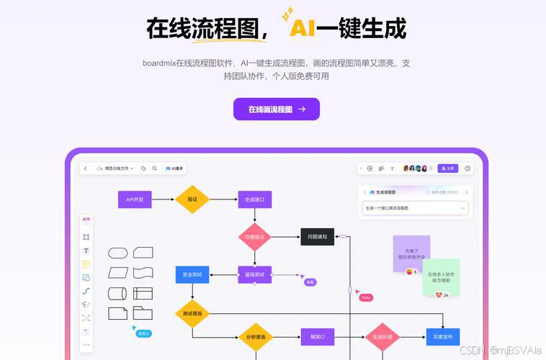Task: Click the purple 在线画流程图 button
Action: tap(277, 109)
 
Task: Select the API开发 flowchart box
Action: tap(135, 199)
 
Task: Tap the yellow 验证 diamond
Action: tap(192, 199)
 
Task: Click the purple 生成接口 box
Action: tap(254, 199)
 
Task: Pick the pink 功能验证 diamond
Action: tap(254, 237)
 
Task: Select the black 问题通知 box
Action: tap(317, 237)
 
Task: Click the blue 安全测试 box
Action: tap(192, 274)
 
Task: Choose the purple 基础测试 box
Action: tap(254, 274)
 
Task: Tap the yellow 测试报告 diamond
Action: tap(192, 314)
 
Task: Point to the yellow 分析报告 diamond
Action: tap(255, 336)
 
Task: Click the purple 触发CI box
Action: tap(318, 336)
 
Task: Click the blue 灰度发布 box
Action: tap(442, 336)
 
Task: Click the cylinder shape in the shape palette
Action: tap(117, 294)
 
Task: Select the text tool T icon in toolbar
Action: tap(86, 251)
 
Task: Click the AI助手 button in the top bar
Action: tap(174, 168)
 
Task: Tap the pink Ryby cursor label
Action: tap(366, 297)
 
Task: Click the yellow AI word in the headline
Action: tap(302, 28)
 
